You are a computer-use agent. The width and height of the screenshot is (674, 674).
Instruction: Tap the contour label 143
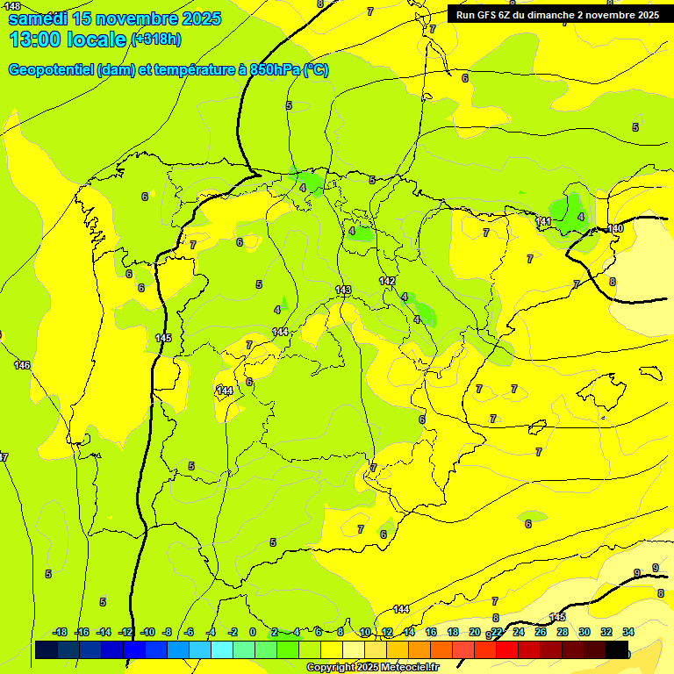[x=343, y=290]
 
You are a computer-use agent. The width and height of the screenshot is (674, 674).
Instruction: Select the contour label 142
[x=387, y=281]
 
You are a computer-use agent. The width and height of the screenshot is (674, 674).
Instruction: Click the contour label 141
[x=543, y=221]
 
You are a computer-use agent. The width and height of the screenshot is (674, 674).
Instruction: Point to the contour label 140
[x=615, y=228]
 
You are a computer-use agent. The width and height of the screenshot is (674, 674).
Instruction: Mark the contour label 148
[x=11, y=6]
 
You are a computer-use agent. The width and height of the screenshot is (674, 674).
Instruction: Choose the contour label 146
[x=22, y=365]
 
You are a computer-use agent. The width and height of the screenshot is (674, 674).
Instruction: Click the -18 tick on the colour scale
[x=61, y=632]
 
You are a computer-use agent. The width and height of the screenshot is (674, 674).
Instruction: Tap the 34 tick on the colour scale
[x=628, y=632]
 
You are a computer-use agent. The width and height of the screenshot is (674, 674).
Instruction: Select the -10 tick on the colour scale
[x=147, y=632]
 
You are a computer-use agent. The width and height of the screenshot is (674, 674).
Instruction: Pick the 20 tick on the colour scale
[x=475, y=632]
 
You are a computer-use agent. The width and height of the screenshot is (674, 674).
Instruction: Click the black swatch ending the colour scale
[x=617, y=649]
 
